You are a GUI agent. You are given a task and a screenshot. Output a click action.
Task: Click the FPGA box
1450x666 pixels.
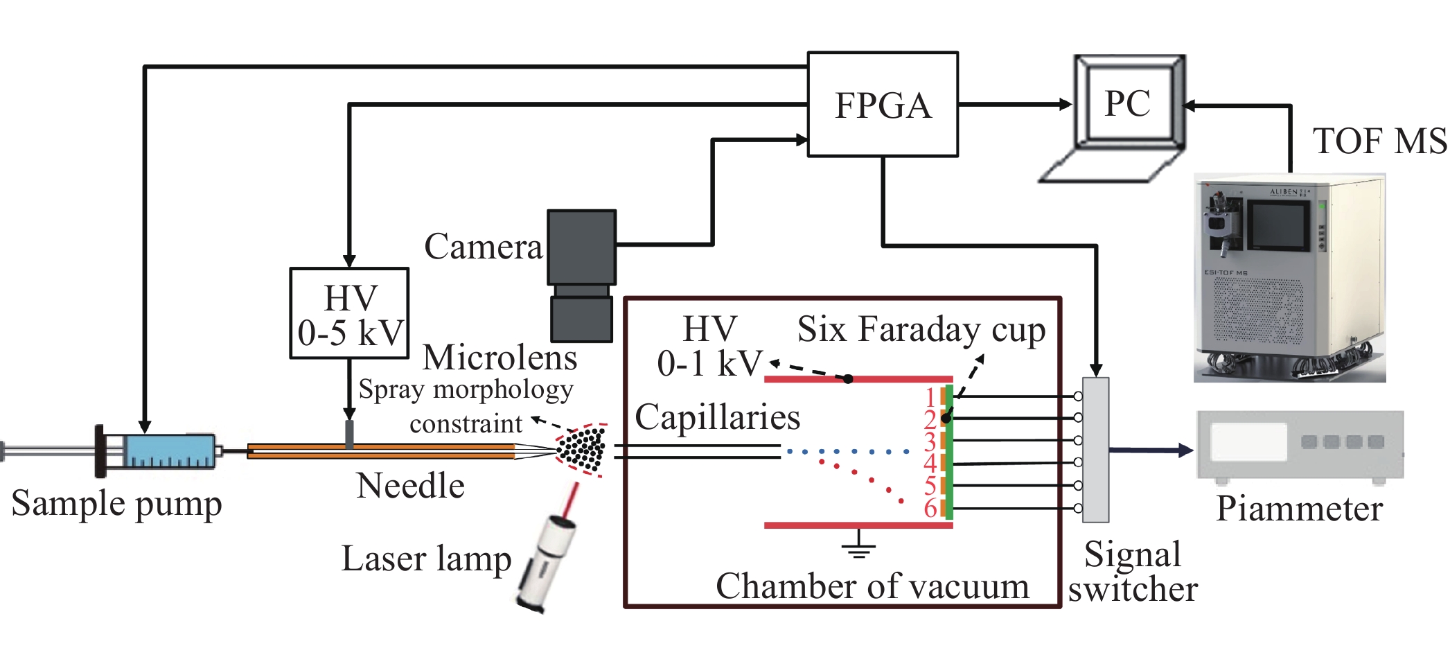(x=883, y=105)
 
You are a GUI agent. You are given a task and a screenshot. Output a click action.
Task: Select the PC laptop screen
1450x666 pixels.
(x=1128, y=103)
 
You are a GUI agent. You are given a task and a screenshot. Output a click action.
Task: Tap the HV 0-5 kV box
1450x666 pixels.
(x=349, y=314)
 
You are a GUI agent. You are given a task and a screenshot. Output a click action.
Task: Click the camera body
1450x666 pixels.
(x=581, y=247)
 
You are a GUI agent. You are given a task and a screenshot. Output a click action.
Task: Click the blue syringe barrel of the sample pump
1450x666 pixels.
(x=170, y=451)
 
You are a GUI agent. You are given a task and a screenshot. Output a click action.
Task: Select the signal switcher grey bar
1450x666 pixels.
(x=1095, y=450)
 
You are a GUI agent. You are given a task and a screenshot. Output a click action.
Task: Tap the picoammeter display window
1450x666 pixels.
(x=1248, y=441)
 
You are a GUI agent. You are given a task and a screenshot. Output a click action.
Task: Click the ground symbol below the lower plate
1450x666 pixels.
(x=858, y=547)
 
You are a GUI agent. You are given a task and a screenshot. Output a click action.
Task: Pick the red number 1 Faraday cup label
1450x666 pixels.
(x=930, y=397)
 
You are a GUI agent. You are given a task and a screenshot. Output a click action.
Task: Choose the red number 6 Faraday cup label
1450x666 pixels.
(x=930, y=508)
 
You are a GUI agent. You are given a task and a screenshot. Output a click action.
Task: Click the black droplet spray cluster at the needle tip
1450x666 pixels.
(x=582, y=449)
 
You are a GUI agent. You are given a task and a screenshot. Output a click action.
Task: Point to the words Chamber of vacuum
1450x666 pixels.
(x=872, y=586)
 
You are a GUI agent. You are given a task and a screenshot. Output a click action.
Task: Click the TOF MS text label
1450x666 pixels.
(x=1379, y=141)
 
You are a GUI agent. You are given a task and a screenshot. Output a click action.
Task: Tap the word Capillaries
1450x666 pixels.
(x=717, y=417)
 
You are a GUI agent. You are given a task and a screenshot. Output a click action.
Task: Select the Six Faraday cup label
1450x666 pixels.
(x=921, y=329)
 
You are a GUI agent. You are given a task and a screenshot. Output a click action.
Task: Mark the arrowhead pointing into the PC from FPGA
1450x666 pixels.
(x=1066, y=105)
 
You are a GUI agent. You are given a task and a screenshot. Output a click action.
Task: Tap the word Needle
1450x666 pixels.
(x=410, y=485)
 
